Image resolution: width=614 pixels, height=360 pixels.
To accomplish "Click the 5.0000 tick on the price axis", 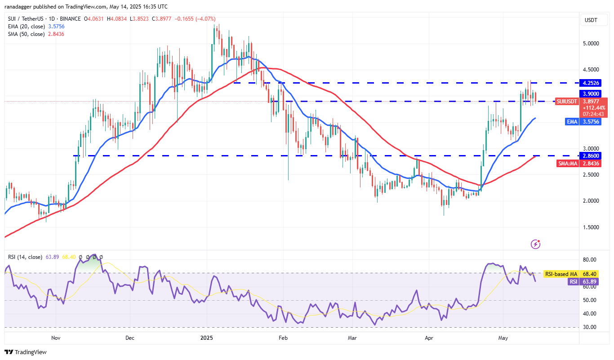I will tap(591, 44).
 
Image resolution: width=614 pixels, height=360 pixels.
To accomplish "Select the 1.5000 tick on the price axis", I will tap(591, 227).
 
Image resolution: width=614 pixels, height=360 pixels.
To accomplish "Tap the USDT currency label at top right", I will tap(591, 20).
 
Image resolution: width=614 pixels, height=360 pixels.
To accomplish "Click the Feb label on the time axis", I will tap(283, 337).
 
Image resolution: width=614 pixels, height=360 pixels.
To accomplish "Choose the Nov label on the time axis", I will tap(56, 337).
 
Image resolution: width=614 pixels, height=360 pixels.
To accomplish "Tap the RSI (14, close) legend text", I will tap(25, 257).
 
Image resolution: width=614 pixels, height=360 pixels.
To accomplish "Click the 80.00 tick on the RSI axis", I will tap(590, 260).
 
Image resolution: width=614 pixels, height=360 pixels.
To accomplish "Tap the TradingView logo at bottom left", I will tap(26, 352).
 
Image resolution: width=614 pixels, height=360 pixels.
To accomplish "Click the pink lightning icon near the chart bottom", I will tap(535, 244).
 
